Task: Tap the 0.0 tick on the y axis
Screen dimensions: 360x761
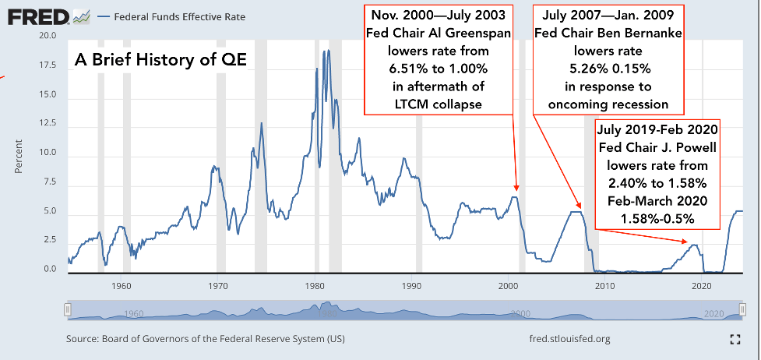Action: pos(49,270)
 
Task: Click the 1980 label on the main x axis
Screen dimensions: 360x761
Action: pos(315,285)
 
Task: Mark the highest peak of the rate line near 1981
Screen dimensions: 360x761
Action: pos(328,51)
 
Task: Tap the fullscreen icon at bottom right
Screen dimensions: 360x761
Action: pos(734,339)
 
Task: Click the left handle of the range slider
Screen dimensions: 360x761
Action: pos(67,311)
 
